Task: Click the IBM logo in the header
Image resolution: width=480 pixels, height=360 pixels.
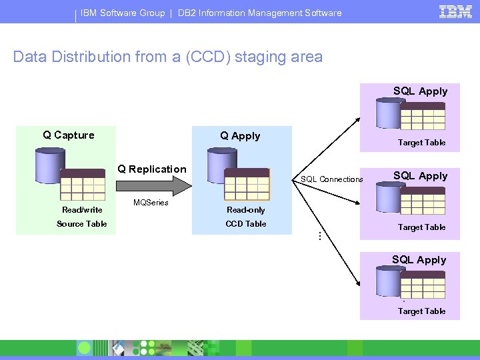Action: (456, 11)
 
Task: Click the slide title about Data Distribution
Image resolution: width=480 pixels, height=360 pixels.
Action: (168, 57)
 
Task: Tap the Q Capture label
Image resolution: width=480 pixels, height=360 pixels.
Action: (69, 135)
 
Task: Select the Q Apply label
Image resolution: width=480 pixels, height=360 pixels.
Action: (240, 136)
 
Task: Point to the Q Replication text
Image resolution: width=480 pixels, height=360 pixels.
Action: (152, 169)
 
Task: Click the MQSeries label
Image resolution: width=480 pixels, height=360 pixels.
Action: (151, 203)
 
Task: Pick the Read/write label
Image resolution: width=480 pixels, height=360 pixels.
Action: (82, 210)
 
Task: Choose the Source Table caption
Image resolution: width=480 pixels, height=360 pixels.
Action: (82, 224)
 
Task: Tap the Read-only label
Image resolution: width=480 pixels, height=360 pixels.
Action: (246, 210)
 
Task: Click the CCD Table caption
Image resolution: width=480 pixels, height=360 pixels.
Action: (246, 224)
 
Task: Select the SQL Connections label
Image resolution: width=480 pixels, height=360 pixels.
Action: (332, 179)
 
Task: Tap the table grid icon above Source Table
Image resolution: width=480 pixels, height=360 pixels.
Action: (83, 184)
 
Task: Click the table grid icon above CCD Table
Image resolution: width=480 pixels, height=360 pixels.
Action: (247, 184)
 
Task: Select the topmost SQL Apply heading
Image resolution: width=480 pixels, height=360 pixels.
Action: (420, 91)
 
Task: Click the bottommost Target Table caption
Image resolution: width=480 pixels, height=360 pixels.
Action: (421, 311)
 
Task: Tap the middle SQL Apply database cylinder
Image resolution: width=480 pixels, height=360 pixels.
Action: (389, 197)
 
